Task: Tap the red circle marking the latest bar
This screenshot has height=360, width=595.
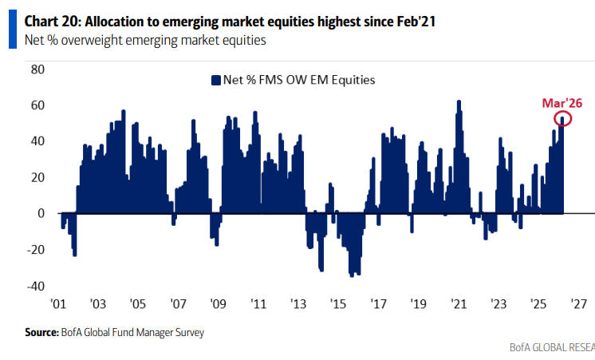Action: coord(562,120)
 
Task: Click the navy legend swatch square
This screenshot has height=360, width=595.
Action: coord(215,80)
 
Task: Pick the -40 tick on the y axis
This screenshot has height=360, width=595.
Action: coord(36,286)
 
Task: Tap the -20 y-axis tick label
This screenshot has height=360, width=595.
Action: coord(36,250)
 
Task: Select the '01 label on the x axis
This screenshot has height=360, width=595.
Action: coord(57,304)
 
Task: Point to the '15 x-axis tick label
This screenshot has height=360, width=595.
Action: coord(337,304)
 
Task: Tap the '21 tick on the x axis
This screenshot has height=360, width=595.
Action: coord(458,304)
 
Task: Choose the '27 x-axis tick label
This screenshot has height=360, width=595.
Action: coord(578,304)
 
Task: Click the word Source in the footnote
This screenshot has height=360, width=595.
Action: coord(40,332)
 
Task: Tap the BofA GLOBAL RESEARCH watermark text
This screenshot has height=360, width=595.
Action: coord(552,348)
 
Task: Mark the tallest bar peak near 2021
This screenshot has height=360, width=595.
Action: coord(459,102)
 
